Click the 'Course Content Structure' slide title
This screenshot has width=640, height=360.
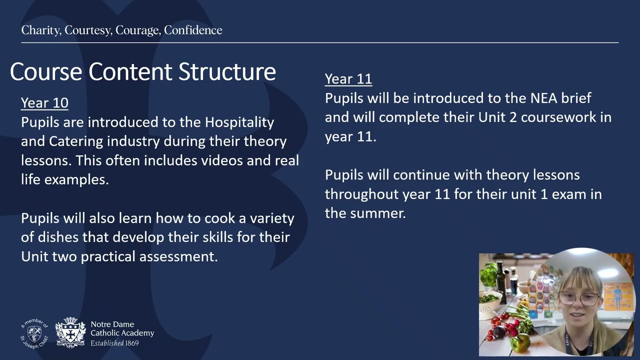coord(143,72)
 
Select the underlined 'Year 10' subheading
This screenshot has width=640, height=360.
coord(44,103)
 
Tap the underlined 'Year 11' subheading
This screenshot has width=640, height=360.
coord(348,79)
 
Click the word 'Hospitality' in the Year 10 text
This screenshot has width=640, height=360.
coord(239,122)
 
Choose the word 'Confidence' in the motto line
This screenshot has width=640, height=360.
coord(193,30)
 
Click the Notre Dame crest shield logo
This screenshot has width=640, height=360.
coord(70,332)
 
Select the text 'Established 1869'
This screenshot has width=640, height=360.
coord(114,343)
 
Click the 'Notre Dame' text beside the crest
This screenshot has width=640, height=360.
coord(112,324)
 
